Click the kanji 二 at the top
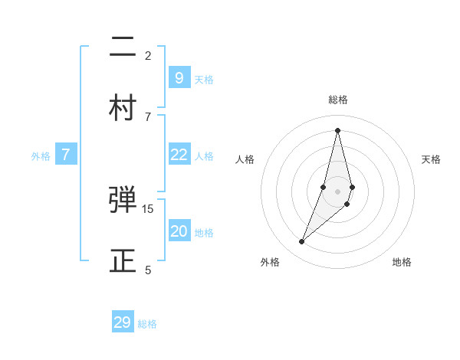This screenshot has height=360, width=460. click(x=123, y=48)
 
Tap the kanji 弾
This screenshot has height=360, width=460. click(x=123, y=201)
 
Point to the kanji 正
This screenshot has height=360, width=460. click(x=123, y=261)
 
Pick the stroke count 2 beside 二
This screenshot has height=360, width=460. click(x=148, y=56)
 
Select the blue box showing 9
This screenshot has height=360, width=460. click(x=179, y=77)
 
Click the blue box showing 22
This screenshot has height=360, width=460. click(x=179, y=155)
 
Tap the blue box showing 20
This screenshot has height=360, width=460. click(x=179, y=231)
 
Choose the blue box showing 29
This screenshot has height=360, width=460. click(x=123, y=322)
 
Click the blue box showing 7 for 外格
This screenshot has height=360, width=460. click(x=66, y=155)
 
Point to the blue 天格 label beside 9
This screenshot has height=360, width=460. click(x=204, y=80)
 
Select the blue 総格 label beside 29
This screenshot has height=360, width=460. click(x=147, y=325)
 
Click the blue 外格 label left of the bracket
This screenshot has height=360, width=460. click(x=41, y=156)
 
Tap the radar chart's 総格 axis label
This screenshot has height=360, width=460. click(x=338, y=100)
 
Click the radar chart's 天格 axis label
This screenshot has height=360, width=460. click(x=432, y=159)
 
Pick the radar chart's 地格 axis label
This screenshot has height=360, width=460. click(x=402, y=262)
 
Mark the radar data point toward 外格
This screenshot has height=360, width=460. click(x=302, y=242)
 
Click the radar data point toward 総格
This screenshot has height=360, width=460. click(x=337, y=129)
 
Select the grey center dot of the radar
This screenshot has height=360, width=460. click(x=337, y=191)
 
